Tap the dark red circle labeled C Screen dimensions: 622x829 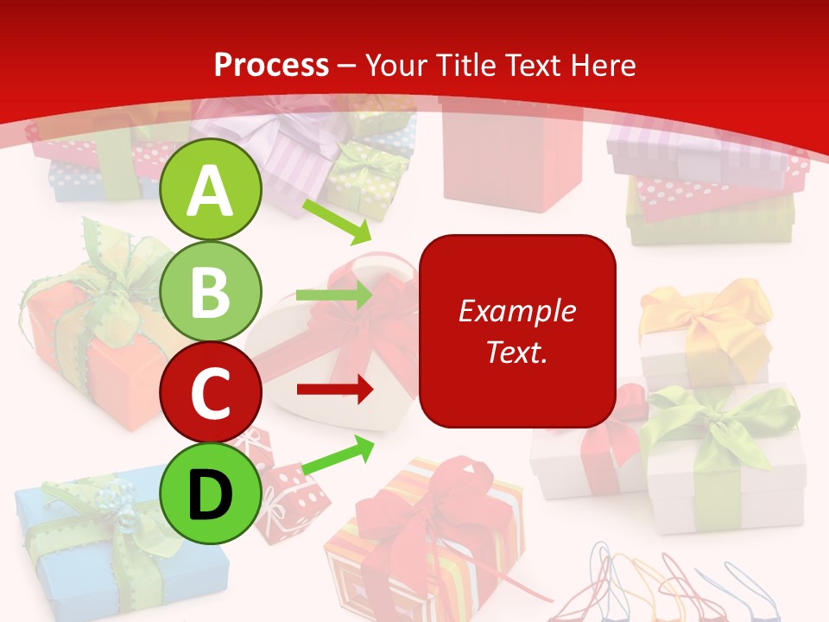211,392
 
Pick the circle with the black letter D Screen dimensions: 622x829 211,493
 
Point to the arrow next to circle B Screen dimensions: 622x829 334,295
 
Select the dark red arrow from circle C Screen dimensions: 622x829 334,390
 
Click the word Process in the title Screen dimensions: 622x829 271,65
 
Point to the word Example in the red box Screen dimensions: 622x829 517,311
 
